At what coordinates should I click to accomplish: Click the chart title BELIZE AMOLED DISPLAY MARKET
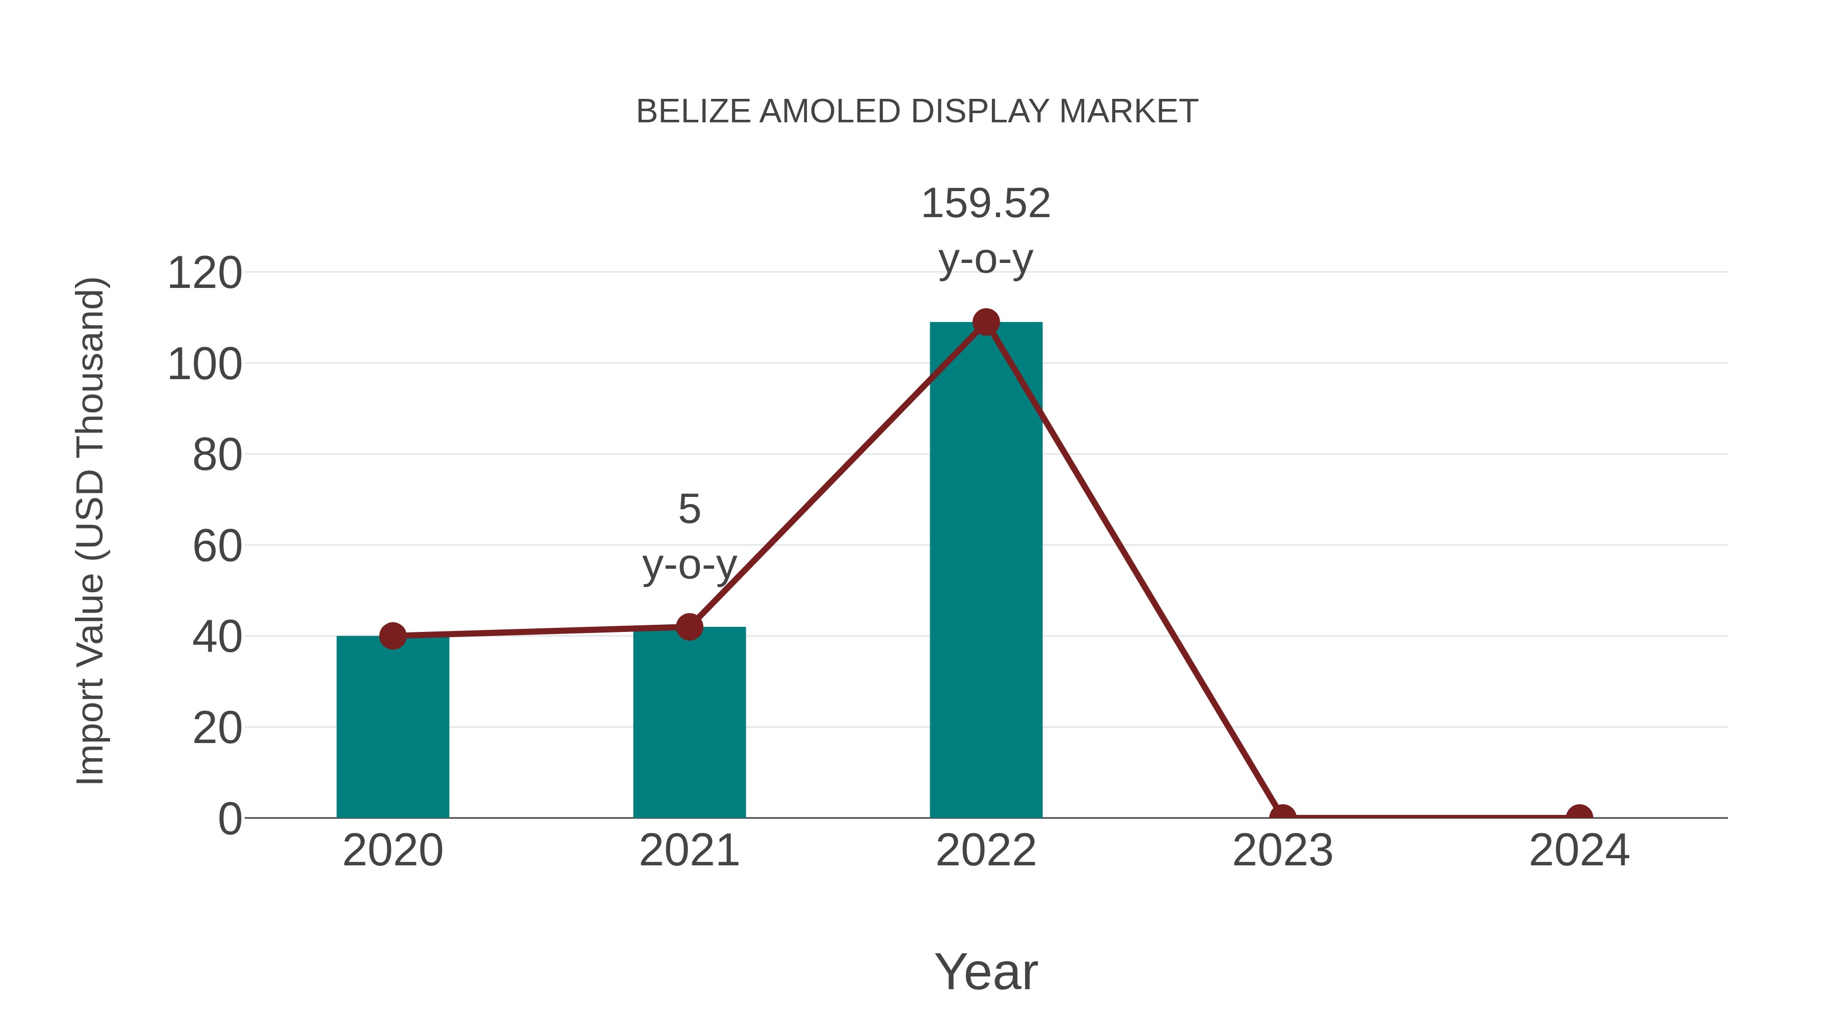pos(917,112)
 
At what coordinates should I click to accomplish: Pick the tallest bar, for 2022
pos(985,570)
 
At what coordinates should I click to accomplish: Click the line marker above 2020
pos(392,636)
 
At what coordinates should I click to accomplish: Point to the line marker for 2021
pos(689,627)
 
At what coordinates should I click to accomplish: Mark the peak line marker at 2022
pos(985,322)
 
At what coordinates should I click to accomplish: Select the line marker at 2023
pos(1282,816)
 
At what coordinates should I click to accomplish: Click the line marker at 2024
pos(1579,816)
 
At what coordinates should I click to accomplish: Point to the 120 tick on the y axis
pos(204,274)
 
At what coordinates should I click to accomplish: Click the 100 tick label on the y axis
pos(204,365)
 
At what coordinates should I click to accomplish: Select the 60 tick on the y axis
pos(217,546)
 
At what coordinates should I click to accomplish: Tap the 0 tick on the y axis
pos(230,819)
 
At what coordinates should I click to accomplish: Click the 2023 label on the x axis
pos(1282,851)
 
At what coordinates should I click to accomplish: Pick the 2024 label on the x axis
pos(1579,851)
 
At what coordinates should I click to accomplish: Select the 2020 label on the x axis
pos(392,851)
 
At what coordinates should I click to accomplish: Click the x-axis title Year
pos(985,971)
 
